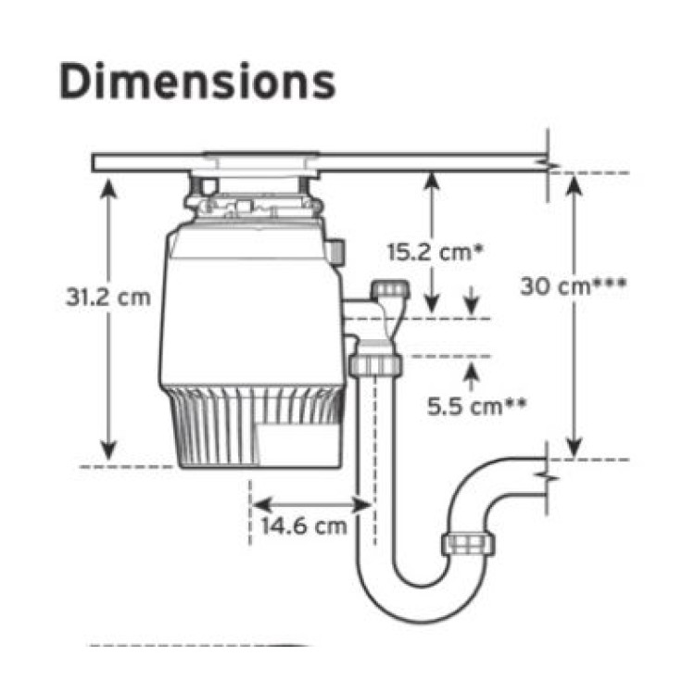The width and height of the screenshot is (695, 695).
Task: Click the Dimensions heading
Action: [x=197, y=82]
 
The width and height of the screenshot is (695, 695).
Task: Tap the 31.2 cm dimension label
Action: [x=108, y=297]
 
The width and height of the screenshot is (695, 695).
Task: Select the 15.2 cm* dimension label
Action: [x=435, y=252]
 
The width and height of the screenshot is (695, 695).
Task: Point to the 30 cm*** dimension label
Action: [x=573, y=286]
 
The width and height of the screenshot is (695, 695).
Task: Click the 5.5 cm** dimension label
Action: [x=476, y=406]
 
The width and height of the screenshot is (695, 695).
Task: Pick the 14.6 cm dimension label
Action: [x=304, y=526]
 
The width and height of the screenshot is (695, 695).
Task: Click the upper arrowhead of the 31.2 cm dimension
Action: [x=108, y=188]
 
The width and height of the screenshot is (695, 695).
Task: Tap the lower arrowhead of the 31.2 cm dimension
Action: [x=108, y=450]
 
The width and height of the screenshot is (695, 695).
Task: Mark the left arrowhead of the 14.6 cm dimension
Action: [x=262, y=505]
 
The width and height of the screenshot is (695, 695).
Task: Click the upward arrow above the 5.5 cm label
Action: [x=471, y=376]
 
